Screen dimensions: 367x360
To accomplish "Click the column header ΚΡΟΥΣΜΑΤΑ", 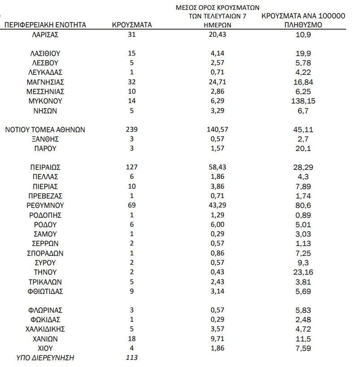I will click(131, 25).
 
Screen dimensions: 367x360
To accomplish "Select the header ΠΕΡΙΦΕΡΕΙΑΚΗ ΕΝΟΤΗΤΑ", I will click(45, 25).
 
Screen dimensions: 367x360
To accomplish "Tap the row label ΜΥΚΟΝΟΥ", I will click(45, 101).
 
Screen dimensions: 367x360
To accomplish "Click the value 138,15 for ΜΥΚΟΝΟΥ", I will click(303, 101).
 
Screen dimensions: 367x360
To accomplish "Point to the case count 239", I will click(131, 130).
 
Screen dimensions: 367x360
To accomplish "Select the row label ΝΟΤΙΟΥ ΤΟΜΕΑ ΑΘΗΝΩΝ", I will click(45, 130).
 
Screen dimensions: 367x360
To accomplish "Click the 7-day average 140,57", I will click(217, 130).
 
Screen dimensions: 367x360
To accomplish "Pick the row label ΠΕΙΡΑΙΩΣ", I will click(45, 167).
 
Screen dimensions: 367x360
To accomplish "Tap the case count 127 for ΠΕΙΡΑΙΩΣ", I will click(131, 167).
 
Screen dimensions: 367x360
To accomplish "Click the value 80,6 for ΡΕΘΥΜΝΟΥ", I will click(303, 205).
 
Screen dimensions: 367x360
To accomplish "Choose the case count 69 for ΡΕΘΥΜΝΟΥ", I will click(131, 205).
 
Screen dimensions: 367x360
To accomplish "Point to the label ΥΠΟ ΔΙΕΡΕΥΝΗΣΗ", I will click(45, 358).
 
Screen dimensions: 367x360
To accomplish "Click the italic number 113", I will click(131, 358).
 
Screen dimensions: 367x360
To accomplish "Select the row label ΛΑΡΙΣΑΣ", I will click(45, 34).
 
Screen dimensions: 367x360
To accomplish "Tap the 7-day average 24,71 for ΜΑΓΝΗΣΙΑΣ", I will click(217, 82).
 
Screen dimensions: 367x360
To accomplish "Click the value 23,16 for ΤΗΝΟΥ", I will click(303, 272).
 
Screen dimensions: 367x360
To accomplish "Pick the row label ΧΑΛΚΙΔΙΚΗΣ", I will click(45, 329).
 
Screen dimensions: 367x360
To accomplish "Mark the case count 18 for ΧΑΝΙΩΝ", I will click(131, 338).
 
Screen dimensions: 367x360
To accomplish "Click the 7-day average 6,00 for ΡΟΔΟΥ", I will click(217, 225).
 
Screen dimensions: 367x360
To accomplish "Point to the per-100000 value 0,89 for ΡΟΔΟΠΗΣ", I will click(303, 215).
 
